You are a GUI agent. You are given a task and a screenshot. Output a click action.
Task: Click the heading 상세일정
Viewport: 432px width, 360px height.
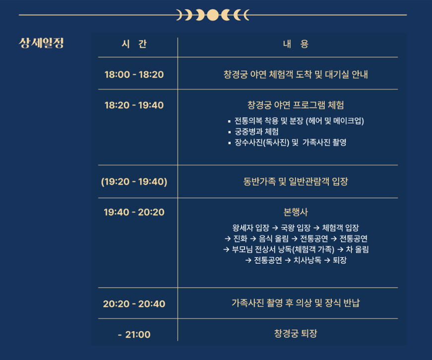pyautogui.click(x=41, y=43)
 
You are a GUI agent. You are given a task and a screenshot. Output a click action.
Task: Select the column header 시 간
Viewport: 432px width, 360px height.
pyautogui.click(x=134, y=44)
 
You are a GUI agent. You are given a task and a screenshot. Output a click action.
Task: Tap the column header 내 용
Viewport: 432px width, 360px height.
pyautogui.click(x=296, y=44)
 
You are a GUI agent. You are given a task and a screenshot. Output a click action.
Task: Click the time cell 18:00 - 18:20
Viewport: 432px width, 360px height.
pyautogui.click(x=134, y=75)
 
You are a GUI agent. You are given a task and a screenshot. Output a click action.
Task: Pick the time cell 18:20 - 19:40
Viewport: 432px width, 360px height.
pyautogui.click(x=134, y=106)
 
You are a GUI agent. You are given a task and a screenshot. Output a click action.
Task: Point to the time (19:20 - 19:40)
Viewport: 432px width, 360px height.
pyautogui.click(x=134, y=181)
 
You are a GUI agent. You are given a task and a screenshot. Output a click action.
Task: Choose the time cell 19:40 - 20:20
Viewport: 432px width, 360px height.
pyautogui.click(x=134, y=212)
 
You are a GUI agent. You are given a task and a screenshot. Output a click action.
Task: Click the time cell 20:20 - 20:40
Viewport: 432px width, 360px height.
pyautogui.click(x=134, y=303)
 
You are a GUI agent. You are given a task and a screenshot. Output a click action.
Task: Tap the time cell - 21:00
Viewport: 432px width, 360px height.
pyautogui.click(x=134, y=335)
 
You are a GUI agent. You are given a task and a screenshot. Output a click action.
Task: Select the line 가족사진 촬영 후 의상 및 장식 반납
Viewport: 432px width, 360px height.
pyautogui.click(x=296, y=302)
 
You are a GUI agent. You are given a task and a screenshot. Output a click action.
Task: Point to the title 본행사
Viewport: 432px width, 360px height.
pyautogui.click(x=296, y=212)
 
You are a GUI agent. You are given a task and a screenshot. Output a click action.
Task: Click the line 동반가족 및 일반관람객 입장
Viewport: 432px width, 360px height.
pyautogui.click(x=296, y=181)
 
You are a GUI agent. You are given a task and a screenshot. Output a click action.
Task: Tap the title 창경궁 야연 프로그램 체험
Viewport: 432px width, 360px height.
pyautogui.click(x=296, y=105)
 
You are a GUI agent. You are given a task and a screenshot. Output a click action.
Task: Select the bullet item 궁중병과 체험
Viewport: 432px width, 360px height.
pyautogui.click(x=256, y=131)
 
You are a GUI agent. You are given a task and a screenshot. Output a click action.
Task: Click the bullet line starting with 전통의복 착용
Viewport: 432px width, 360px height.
pyautogui.click(x=299, y=120)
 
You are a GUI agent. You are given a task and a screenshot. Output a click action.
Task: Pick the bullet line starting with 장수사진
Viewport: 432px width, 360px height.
pyautogui.click(x=290, y=142)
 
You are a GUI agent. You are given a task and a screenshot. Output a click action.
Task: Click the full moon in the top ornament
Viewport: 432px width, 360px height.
pyautogui.click(x=213, y=15)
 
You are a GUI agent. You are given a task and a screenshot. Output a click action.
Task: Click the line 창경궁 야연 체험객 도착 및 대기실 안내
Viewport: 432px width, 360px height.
pyautogui.click(x=296, y=75)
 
